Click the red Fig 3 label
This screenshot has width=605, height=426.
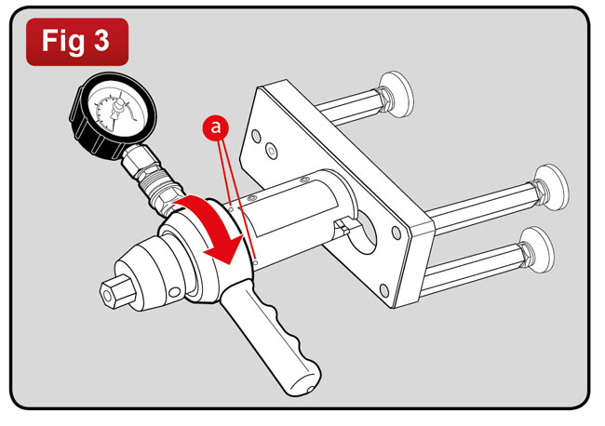point(77,42)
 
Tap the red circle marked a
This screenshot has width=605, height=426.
point(216,126)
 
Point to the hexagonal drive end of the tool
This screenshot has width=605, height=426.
point(117,290)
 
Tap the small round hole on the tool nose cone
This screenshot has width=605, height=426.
point(174,292)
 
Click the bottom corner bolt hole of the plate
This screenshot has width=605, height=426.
point(383,290)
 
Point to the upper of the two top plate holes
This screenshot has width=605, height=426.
point(256,136)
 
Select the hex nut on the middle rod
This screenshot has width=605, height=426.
point(539,190)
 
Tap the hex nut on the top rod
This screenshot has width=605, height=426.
point(384,97)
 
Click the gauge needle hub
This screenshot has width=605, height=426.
point(119,104)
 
